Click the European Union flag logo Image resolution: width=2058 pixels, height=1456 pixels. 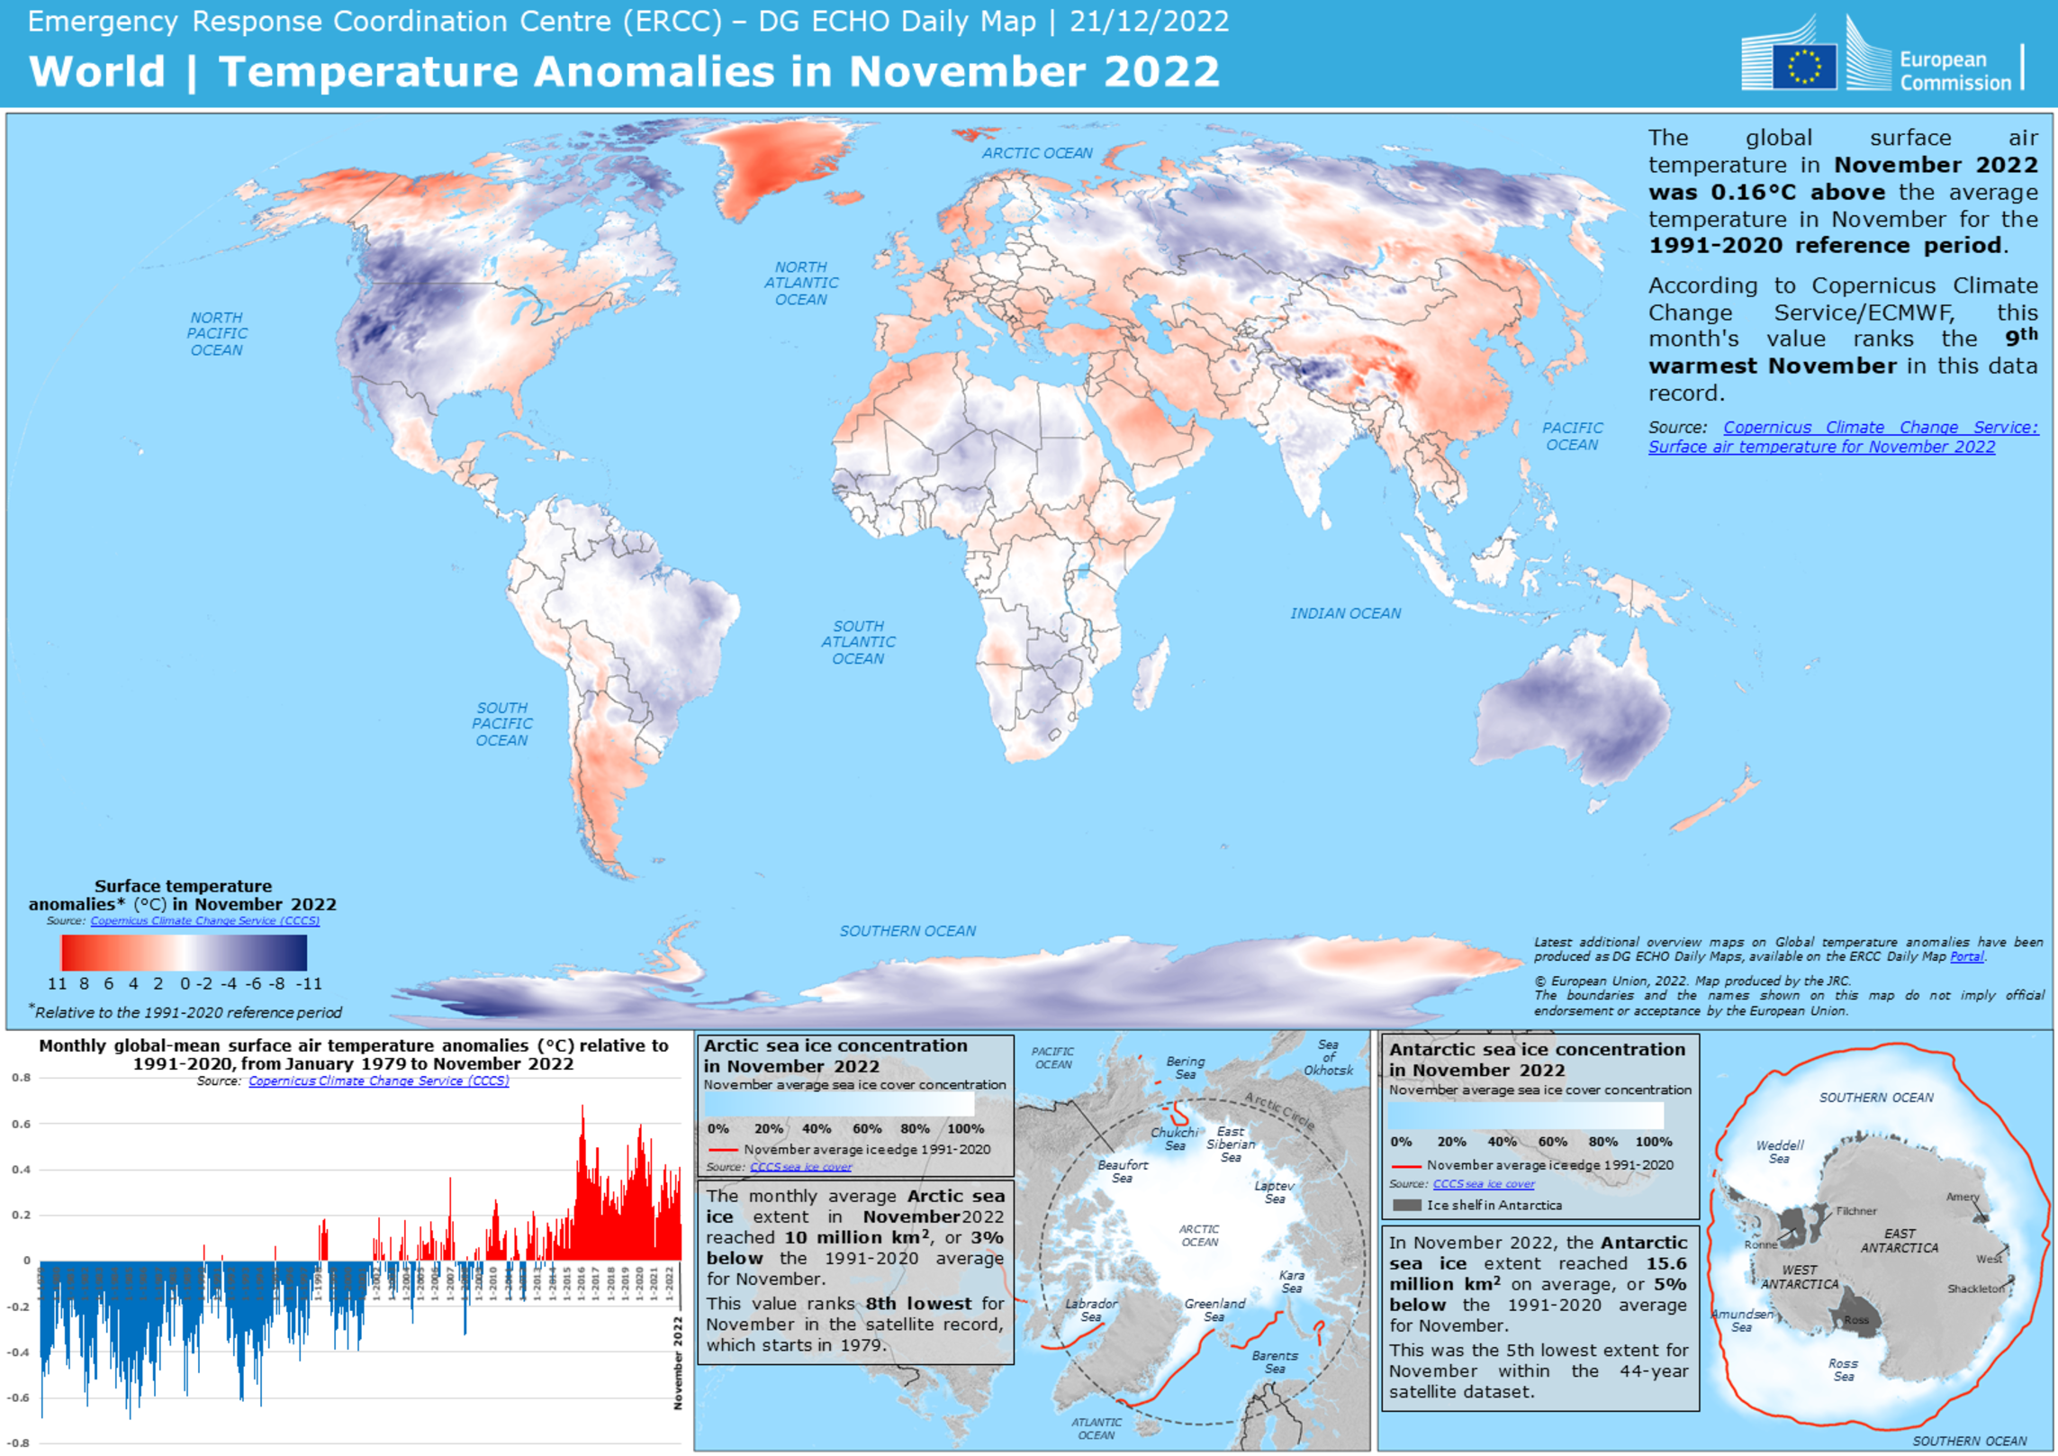point(1804,66)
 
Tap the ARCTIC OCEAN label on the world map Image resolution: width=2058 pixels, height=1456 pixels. point(1037,153)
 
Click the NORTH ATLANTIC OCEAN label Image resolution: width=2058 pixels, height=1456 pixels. point(801,284)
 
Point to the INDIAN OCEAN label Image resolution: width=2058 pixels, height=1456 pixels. point(1345,613)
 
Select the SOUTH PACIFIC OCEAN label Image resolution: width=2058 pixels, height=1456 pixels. point(501,724)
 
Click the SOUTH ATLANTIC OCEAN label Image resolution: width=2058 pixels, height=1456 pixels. point(858,642)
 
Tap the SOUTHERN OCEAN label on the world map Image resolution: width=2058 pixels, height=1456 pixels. point(907,931)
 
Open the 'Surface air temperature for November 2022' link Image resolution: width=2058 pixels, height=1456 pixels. point(1820,448)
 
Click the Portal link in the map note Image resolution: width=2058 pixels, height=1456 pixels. point(1966,956)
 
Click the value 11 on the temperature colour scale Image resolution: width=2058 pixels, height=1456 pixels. point(57,983)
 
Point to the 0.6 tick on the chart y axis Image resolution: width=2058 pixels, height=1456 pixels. point(21,1124)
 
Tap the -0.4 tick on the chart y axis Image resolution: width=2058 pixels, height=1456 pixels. point(19,1352)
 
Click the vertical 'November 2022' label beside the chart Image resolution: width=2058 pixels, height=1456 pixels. point(677,1362)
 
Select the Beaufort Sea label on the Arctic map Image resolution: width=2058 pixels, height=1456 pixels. point(1122,1171)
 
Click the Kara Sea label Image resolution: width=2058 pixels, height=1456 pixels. point(1291,1281)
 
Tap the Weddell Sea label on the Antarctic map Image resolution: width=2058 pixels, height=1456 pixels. point(1779,1152)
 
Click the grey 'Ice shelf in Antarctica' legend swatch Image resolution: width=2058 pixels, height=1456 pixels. point(1406,1205)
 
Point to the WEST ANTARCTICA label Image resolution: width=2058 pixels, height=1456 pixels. point(1799,1277)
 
